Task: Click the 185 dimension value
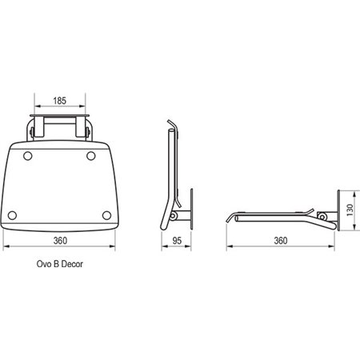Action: (x=59, y=101)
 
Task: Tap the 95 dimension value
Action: (x=177, y=241)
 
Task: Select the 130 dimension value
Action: (x=350, y=210)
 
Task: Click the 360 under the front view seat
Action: (x=60, y=241)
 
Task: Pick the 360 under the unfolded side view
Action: (x=281, y=241)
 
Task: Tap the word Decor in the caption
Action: (x=72, y=264)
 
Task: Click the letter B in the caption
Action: (x=56, y=264)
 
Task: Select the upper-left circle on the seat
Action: (x=28, y=156)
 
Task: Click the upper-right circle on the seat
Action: (x=91, y=156)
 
